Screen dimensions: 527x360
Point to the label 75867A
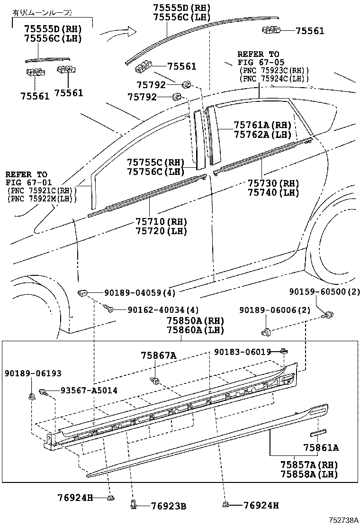pos(158,355)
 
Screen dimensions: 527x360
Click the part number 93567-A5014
pos(89,390)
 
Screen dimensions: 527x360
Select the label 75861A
pos(321,447)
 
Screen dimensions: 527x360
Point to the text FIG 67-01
pos(27,182)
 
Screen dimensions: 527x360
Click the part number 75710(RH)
pos(161,222)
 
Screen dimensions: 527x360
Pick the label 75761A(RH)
pos(262,125)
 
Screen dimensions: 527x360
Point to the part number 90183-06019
pos(242,352)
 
